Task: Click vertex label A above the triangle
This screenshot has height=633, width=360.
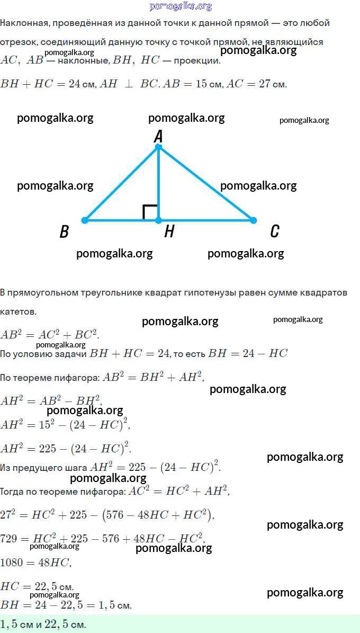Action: pyautogui.click(x=158, y=137)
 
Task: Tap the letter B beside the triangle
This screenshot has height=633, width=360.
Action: pyautogui.click(x=64, y=231)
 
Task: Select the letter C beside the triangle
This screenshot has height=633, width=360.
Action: pyautogui.click(x=274, y=231)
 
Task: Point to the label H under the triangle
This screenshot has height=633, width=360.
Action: pyautogui.click(x=169, y=231)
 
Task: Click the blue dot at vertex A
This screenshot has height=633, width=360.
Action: pyautogui.click(x=158, y=147)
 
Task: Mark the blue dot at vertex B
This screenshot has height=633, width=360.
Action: pyautogui.click(x=84, y=220)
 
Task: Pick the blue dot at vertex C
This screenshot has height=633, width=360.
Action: pyautogui.click(x=253, y=220)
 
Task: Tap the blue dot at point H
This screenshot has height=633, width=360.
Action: pyautogui.click(x=158, y=220)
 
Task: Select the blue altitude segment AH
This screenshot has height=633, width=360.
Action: pyautogui.click(x=158, y=184)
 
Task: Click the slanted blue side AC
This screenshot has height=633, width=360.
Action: pyautogui.click(x=206, y=184)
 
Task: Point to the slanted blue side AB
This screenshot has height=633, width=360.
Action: pyautogui.click(x=121, y=184)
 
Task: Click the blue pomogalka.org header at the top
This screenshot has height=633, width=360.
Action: pyautogui.click(x=181, y=6)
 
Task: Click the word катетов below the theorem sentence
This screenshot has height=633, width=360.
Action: pyautogui.click(x=18, y=311)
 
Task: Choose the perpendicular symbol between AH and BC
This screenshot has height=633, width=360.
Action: pyautogui.click(x=129, y=84)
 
